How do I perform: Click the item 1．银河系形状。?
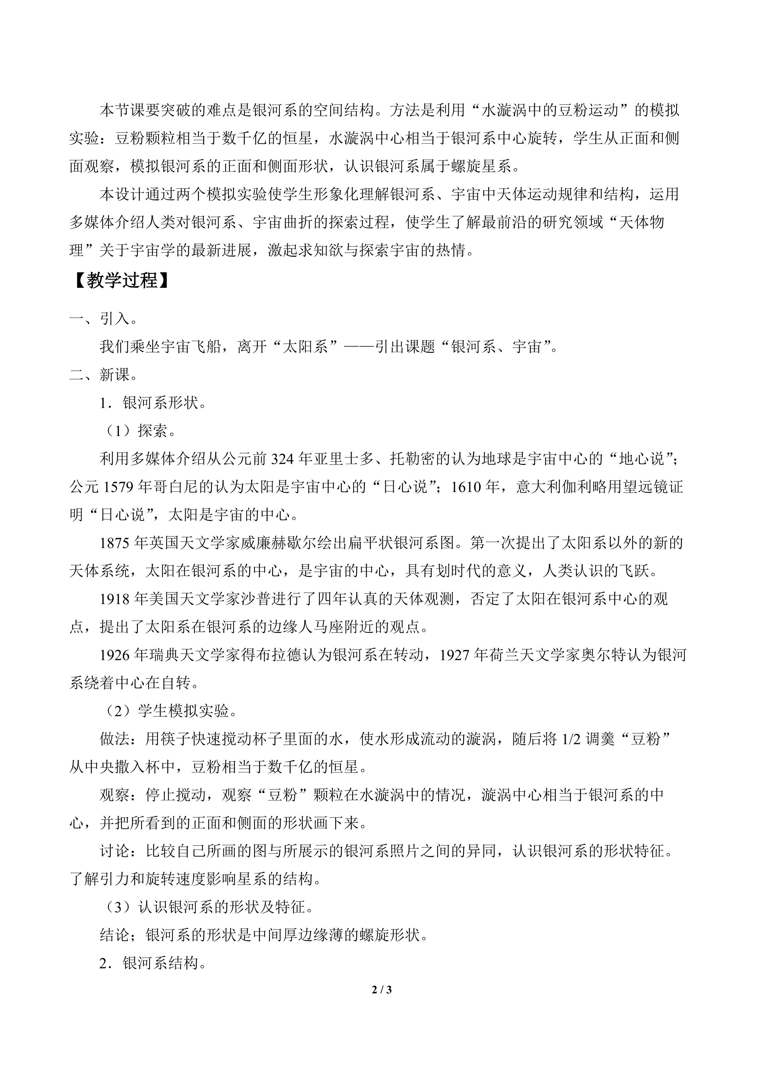152,403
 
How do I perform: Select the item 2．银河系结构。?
152,963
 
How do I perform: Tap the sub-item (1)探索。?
138,431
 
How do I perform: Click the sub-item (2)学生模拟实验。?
169,711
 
